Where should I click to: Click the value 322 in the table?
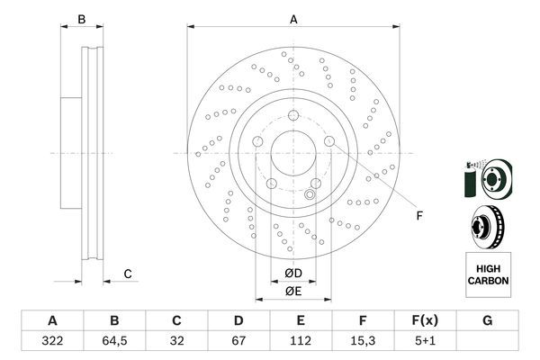pos(52,341)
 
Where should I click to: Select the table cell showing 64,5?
pos(114,341)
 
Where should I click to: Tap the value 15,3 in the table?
pos(363,341)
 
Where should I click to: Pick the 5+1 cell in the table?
pos(426,341)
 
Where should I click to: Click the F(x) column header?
pos(426,320)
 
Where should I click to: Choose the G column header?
pos(487,320)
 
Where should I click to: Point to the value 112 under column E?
pos(301,341)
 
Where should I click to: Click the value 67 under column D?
pos(238,341)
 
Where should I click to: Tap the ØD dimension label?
pos(293,274)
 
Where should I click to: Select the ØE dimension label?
pos(293,292)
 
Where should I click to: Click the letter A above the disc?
pos(293,20)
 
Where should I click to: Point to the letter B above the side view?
pos(82,19)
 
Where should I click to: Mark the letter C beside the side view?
pos(128,274)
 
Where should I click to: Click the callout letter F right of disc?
pos(419,216)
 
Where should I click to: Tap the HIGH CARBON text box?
pos(489,274)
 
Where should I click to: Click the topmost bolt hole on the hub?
pos(293,115)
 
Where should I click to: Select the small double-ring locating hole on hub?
pos(310,195)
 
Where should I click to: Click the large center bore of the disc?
pos(293,153)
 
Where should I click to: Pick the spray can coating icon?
pos(470,180)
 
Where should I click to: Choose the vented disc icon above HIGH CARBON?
pos(488,228)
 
